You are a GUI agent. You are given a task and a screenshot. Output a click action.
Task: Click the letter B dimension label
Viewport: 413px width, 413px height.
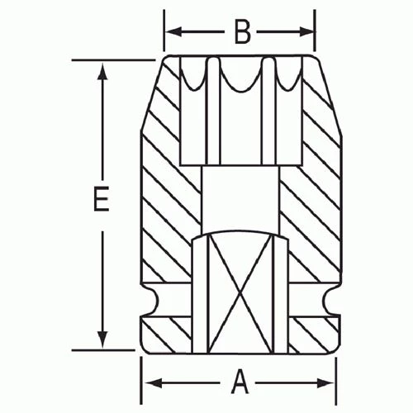[241, 31]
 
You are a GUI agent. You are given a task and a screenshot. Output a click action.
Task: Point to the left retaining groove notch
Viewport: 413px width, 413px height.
[149, 303]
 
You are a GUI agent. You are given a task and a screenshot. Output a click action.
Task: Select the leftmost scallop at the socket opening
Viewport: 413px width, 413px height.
[193, 76]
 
